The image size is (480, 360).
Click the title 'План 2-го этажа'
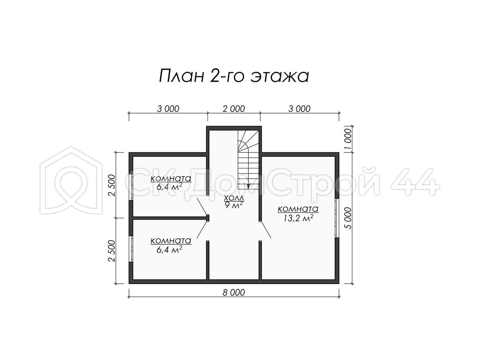pos(234,76)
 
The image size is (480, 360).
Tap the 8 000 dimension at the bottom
pos(234,292)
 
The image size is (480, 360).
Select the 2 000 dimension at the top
pos(234,109)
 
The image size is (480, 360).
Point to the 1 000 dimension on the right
pos(348,139)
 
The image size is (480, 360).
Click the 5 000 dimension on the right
pos(348,218)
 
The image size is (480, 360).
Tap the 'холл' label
pos(234,198)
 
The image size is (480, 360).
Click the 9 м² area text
pos(234,205)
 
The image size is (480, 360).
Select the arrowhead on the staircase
pos(248,186)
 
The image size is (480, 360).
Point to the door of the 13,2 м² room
pos(266,230)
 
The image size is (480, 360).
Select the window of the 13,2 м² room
pos(337,218)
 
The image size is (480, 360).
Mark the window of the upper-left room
pos(131,187)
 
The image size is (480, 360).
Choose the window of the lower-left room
pos(131,249)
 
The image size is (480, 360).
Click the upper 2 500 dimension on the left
pos(112,185)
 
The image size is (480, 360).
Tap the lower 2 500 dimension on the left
pos(112,251)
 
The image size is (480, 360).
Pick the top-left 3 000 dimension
pos(168,109)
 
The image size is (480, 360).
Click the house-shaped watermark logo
pos(71,180)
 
